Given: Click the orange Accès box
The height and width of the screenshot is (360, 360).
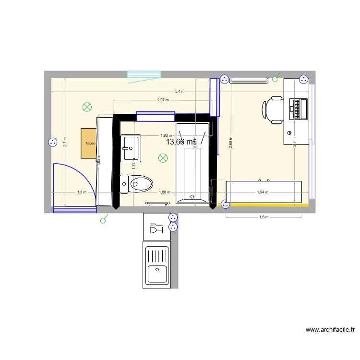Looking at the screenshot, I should (x=90, y=143).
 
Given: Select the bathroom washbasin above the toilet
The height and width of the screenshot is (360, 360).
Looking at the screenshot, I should (x=131, y=148).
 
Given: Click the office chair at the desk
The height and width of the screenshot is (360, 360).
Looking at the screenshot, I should (x=273, y=109).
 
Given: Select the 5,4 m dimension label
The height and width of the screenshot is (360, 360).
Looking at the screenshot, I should (x=180, y=91).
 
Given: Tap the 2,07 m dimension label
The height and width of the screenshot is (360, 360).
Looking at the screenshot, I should (x=163, y=100).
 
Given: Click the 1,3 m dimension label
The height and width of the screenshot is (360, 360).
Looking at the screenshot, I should (x=82, y=192).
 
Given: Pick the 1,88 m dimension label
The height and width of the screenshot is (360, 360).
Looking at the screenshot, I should (x=165, y=192).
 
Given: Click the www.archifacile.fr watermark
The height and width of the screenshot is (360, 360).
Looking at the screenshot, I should (x=330, y=330).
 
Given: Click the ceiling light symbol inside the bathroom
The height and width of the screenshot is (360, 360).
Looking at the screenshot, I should (x=163, y=157).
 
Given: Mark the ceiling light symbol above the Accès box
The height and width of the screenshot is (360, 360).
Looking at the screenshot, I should (x=87, y=107).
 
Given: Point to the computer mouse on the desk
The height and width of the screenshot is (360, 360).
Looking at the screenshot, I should (x=289, y=132).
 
